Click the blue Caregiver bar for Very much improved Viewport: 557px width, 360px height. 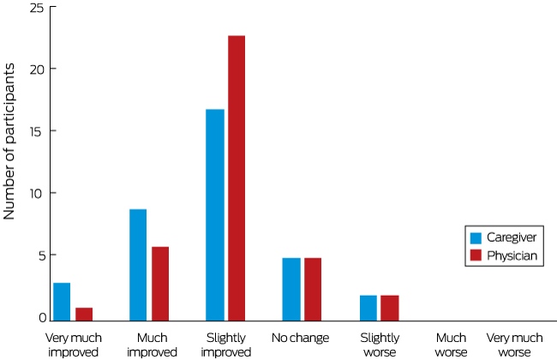tap(62, 302)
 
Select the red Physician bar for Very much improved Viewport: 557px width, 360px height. tap(84, 315)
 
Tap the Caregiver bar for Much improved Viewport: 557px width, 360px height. tap(138, 265)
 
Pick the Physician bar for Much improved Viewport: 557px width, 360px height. tap(160, 284)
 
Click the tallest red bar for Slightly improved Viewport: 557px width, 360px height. tap(237, 178)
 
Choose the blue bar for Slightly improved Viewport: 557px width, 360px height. tap(215, 215)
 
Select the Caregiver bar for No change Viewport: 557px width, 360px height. tap(291, 289)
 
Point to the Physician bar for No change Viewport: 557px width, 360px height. tap(313, 289)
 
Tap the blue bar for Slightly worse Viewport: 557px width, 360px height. tap(368, 308)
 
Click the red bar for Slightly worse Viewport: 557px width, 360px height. tap(390, 308)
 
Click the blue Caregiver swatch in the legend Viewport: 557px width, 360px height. tap(476, 237)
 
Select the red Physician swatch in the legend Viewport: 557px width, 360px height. tap(476, 255)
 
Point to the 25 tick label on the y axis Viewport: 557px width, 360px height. tap(37, 8)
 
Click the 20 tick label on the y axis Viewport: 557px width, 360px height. tap(37, 69)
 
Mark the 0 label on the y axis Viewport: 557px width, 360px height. tap(43, 317)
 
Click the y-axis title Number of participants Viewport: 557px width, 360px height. tap(9, 141)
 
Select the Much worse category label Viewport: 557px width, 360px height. tap(451, 345)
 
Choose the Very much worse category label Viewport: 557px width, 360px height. tap(514, 345)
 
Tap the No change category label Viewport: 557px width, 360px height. tap(301, 338)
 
